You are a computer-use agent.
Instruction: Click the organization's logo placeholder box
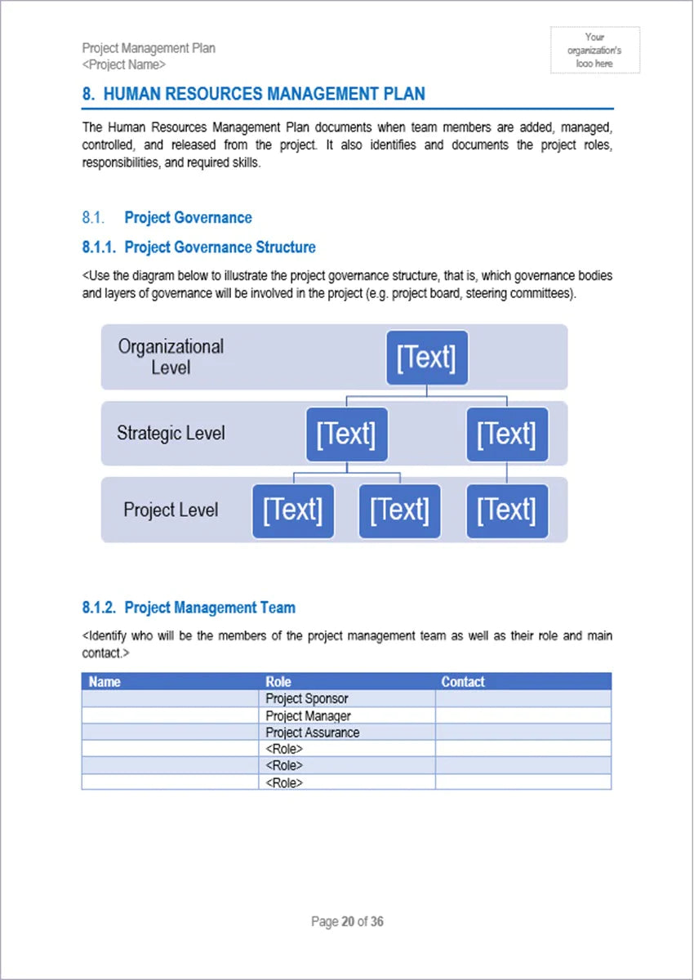(594, 50)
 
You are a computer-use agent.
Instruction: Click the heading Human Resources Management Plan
(254, 94)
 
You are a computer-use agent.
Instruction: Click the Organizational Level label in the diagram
(171, 357)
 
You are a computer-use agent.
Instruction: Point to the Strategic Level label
(171, 433)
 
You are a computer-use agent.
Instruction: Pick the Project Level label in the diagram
(171, 510)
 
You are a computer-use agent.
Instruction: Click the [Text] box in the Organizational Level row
(426, 358)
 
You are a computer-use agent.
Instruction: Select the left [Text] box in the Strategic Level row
(346, 434)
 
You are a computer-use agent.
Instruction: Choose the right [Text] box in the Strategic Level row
(506, 434)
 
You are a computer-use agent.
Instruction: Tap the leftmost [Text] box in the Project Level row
(292, 510)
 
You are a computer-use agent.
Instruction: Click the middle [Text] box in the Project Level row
(399, 510)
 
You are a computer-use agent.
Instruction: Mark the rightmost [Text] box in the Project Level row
(506, 510)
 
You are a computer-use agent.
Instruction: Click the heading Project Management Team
(210, 608)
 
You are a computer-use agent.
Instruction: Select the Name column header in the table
(105, 681)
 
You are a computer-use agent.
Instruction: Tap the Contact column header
(463, 681)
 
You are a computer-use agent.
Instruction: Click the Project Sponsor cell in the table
(307, 699)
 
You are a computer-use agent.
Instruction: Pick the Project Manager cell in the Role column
(309, 716)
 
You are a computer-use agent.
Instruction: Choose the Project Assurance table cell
(313, 733)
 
